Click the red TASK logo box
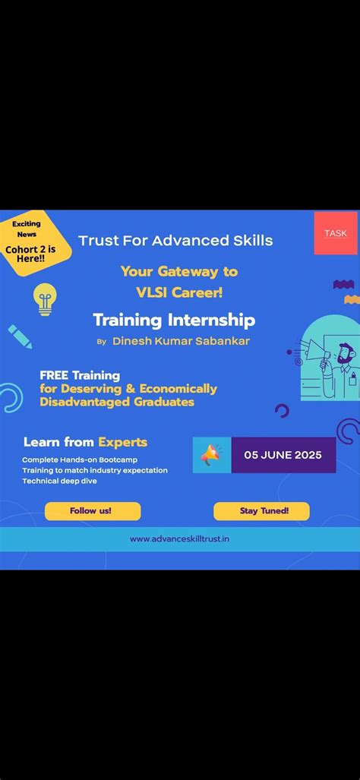click(x=335, y=233)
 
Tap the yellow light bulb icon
click(x=46, y=298)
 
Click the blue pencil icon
click(x=21, y=336)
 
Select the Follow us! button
click(x=92, y=510)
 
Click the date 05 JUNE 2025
click(x=283, y=455)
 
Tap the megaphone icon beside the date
click(x=211, y=455)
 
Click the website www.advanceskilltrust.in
click(x=180, y=538)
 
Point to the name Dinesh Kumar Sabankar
click(x=181, y=341)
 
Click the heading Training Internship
click(x=174, y=320)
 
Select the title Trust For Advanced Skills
click(x=175, y=241)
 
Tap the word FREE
click(x=55, y=375)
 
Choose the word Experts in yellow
click(x=122, y=441)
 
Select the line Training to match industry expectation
click(x=95, y=470)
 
